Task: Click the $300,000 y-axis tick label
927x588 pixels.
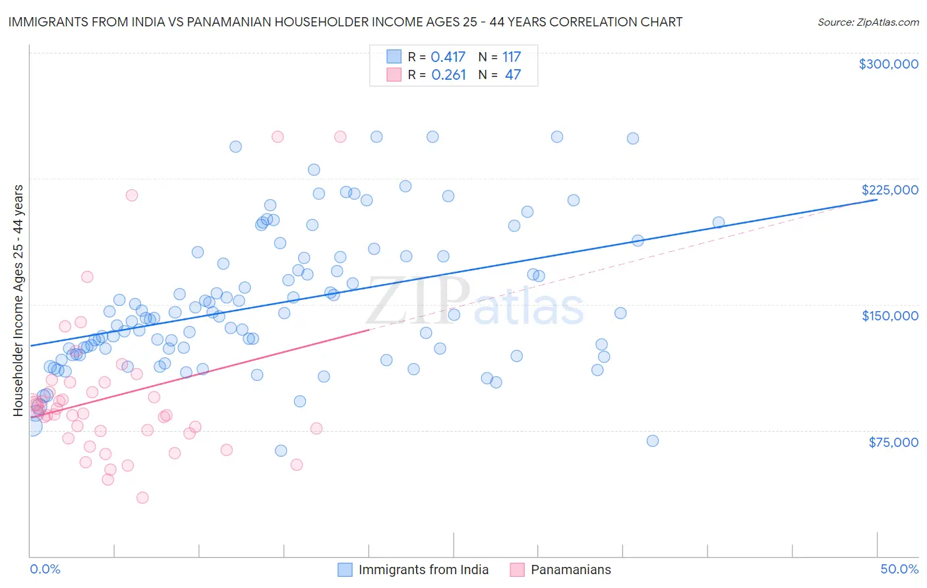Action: click(888, 64)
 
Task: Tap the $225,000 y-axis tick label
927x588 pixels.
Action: click(889, 190)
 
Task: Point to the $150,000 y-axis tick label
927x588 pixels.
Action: click(889, 316)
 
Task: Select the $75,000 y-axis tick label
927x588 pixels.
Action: click(893, 442)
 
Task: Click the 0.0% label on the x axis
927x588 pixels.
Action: click(45, 569)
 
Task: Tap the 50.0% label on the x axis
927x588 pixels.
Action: click(899, 569)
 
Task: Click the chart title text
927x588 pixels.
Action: click(345, 22)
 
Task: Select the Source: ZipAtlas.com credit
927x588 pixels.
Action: click(868, 22)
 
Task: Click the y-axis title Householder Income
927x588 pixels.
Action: click(18, 301)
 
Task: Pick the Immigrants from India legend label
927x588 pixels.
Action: click(423, 570)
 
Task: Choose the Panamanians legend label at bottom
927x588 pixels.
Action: click(571, 570)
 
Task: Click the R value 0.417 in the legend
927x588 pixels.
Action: click(448, 57)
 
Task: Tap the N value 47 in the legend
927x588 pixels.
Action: click(512, 75)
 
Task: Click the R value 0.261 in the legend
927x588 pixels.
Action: click(448, 75)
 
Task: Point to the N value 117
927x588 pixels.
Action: click(512, 57)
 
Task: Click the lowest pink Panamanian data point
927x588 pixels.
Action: click(142, 498)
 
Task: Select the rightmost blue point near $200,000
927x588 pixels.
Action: click(719, 223)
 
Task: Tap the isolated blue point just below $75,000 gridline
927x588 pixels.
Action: click(653, 441)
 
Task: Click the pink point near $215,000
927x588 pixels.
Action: click(132, 195)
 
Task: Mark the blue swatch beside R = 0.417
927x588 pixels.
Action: click(394, 57)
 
